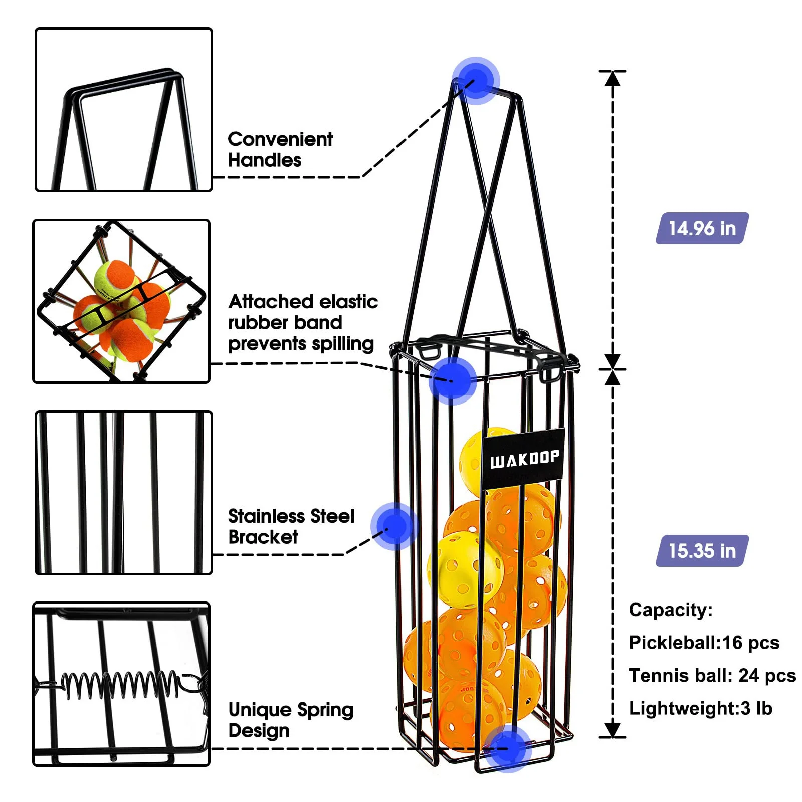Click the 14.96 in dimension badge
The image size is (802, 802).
[x=702, y=228]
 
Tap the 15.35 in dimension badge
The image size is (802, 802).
[x=702, y=551]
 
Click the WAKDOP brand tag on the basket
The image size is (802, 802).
[x=524, y=458]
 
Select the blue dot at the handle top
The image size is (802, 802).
[x=476, y=81]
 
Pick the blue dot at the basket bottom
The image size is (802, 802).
[x=508, y=748]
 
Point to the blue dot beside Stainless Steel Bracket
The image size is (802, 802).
[x=394, y=526]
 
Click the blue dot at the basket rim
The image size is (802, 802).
[x=453, y=380]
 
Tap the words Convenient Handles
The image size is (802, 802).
[x=280, y=149]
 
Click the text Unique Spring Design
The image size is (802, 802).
[x=291, y=720]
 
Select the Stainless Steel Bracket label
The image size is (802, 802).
[x=291, y=526]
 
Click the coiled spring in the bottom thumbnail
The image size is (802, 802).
[x=120, y=684]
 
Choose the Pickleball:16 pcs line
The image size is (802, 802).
[x=704, y=643]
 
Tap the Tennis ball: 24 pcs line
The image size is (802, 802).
[x=712, y=676]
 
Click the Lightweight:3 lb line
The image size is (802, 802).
[x=700, y=708]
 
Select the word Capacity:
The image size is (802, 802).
[x=670, y=610]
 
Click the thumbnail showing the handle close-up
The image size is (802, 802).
[x=124, y=110]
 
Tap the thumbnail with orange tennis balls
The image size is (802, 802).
[x=121, y=301]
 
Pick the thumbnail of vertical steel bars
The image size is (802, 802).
[x=124, y=492]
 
